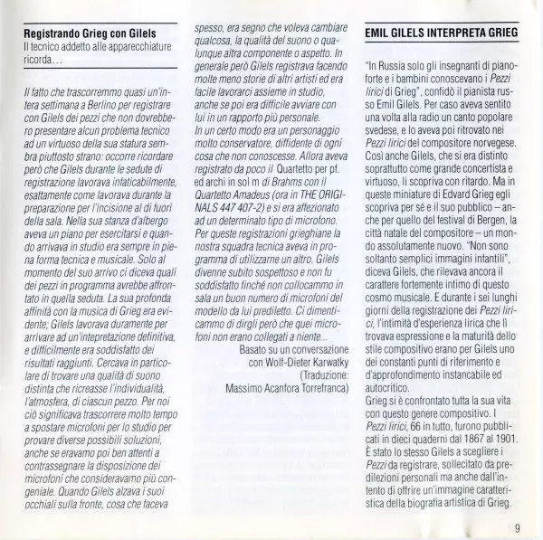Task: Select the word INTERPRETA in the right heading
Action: coord(443,32)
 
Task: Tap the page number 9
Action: coord(518,530)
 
